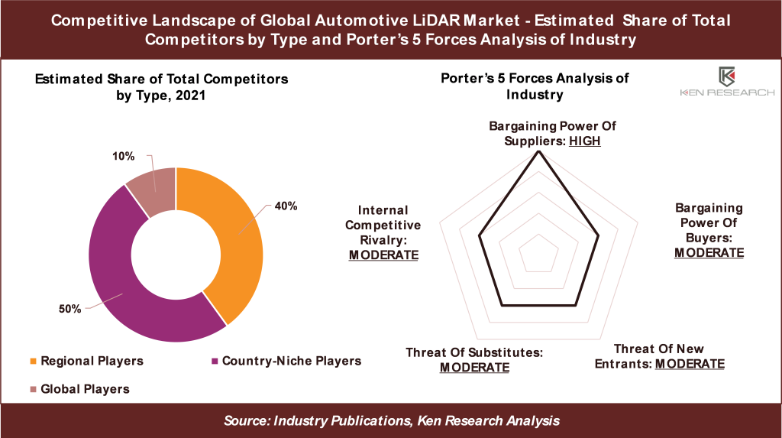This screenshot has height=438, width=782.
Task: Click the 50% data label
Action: click(69, 308)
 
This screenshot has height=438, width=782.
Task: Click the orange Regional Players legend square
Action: click(33, 361)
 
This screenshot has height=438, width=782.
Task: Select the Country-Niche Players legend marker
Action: click(215, 361)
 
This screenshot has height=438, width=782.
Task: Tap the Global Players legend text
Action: click(85, 389)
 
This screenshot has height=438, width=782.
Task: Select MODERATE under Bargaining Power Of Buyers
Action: click(709, 252)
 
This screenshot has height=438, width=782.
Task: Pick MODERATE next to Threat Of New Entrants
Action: click(690, 363)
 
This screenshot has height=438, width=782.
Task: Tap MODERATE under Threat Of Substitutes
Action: click(474, 367)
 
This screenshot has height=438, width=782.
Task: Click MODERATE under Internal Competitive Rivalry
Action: click(383, 255)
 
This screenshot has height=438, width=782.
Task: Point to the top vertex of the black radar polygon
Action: click(539, 151)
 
